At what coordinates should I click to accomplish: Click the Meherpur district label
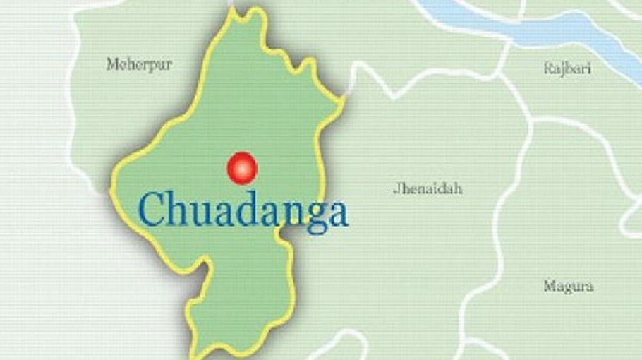(139, 64)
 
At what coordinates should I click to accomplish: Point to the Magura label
(568, 287)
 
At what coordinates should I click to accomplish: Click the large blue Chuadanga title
(243, 210)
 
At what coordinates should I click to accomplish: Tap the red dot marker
(242, 167)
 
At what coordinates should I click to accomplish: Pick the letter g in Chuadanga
(310, 215)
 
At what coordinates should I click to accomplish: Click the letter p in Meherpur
(151, 66)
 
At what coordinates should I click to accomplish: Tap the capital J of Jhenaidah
(396, 188)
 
